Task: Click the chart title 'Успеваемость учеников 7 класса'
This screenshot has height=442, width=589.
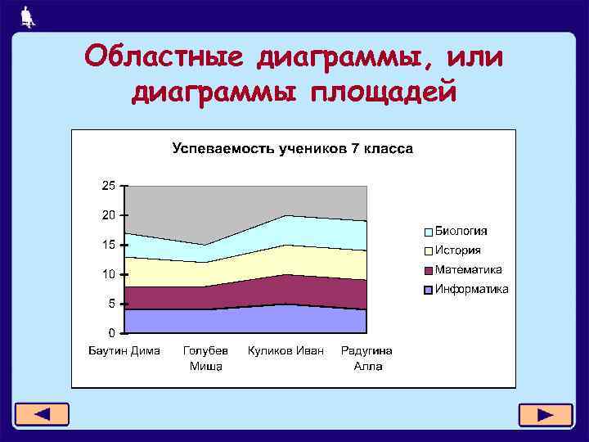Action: [292, 149]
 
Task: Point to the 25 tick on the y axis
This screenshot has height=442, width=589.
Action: [108, 186]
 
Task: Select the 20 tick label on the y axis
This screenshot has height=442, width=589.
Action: [108, 215]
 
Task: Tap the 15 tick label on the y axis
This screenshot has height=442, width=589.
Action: [108, 245]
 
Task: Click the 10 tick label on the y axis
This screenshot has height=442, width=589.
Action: [108, 274]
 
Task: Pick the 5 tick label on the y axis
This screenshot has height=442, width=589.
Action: [111, 304]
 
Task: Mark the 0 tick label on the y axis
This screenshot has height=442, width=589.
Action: [111, 333]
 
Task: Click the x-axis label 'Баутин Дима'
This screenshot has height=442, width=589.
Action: [124, 350]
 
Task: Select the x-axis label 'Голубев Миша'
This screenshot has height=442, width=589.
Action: [205, 359]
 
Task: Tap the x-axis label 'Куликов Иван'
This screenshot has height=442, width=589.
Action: [286, 350]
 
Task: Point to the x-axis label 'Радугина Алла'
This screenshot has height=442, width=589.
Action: [367, 359]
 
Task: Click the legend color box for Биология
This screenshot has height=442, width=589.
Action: [428, 232]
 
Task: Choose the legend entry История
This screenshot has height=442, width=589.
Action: [457, 250]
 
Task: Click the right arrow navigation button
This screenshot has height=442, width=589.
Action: [545, 414]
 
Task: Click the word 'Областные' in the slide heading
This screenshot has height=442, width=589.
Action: [169, 57]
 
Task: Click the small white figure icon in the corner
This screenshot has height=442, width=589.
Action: [28, 16]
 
